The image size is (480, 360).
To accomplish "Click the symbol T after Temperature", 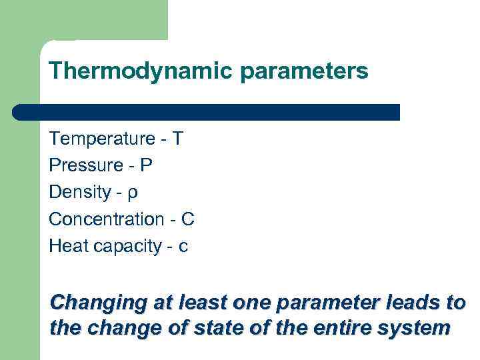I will point(177,139).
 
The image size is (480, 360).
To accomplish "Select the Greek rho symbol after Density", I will point(133,194).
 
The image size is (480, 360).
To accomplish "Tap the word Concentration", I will point(106,219).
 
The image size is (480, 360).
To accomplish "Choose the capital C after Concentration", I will point(188,219).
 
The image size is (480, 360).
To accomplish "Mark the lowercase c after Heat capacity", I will point(183,247).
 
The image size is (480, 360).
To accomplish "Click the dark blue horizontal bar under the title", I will point(207,112).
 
